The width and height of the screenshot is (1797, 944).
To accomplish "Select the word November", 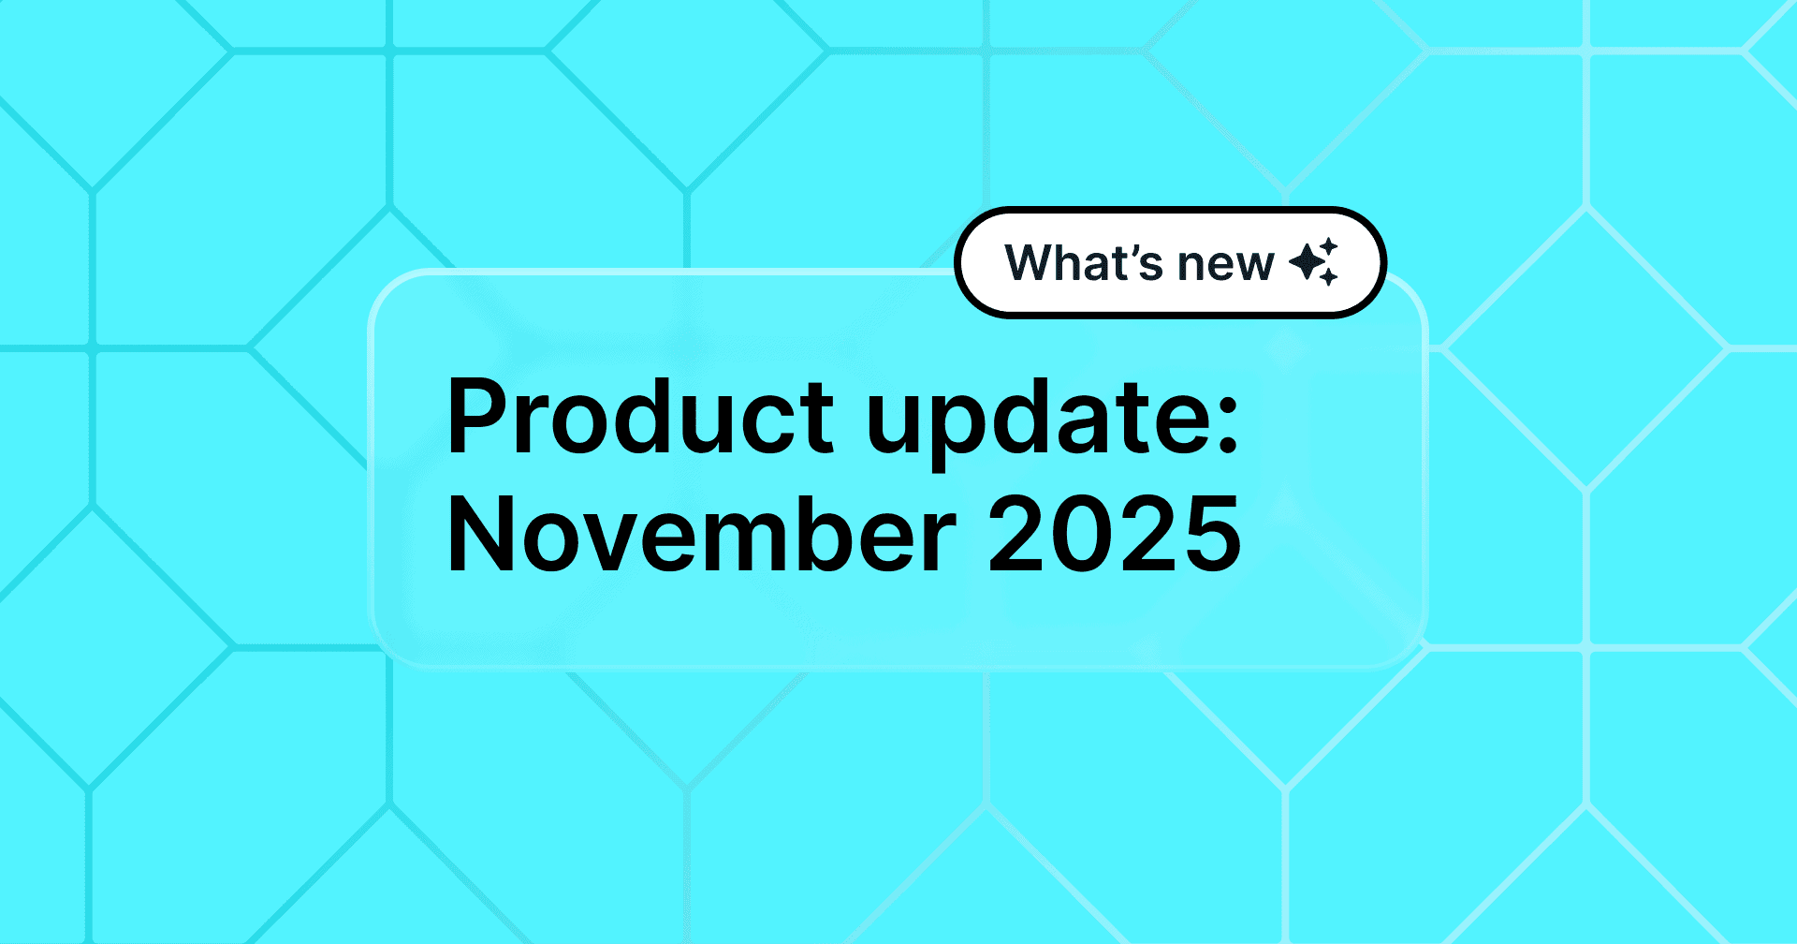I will pos(701,535).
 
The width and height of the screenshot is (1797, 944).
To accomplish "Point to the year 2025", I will pos(1115,535).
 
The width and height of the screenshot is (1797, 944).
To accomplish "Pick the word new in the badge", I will pos(1225,265).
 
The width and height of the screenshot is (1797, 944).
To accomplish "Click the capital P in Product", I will pos(478,417).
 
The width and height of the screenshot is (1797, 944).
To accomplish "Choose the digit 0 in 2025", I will pos(1082,535).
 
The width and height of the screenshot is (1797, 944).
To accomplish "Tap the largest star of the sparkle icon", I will pos(1307,261).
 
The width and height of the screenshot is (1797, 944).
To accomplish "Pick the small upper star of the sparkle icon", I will pos(1330,246).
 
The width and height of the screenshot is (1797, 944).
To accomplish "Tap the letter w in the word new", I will pos(1254,266).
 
